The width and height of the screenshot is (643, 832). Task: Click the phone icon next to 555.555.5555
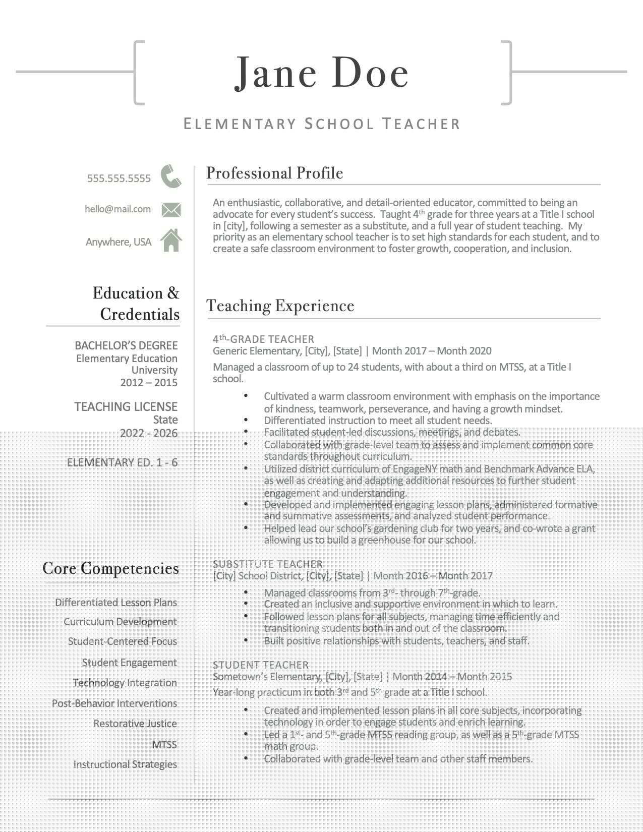[171, 176]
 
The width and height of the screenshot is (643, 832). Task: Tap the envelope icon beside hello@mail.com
[171, 209]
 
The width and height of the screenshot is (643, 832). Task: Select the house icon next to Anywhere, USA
[171, 241]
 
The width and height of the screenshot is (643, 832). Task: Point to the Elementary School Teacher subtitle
[321, 124]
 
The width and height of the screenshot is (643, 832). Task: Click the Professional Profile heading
[274, 173]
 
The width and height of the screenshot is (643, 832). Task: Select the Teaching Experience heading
[280, 306]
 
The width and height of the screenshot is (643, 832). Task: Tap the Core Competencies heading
[110, 568]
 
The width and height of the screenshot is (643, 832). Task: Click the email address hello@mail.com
[118, 209]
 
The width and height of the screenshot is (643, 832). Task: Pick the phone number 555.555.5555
[119, 178]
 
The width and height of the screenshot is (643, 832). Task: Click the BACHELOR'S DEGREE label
[126, 345]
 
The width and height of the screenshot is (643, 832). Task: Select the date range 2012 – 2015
[149, 382]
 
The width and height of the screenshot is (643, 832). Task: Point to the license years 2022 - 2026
[149, 433]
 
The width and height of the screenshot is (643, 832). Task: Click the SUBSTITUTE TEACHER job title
[267, 564]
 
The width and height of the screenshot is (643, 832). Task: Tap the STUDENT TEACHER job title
[260, 665]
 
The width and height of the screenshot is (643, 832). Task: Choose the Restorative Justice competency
[135, 724]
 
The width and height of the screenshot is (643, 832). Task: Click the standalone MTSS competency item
[164, 744]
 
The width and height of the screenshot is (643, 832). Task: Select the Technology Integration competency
[125, 683]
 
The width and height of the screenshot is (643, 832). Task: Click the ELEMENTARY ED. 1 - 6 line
[122, 462]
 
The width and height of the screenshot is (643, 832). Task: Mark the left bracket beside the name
[137, 73]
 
